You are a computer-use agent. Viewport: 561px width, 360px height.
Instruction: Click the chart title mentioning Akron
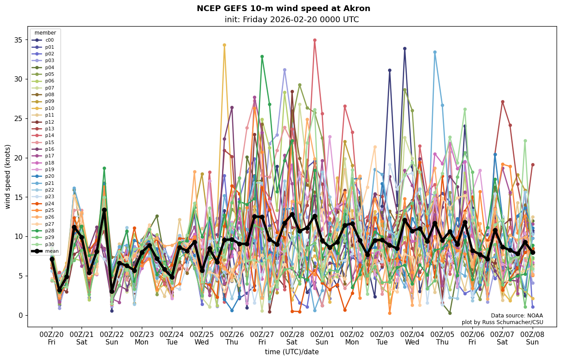pyautogui.click(x=283, y=8)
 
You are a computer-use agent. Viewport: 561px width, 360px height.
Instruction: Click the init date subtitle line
pyautogui.click(x=292, y=20)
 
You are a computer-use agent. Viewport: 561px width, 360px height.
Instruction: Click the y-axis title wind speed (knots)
pyautogui.click(x=8, y=176)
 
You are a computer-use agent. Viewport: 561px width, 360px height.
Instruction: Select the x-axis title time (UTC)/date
pyautogui.click(x=292, y=352)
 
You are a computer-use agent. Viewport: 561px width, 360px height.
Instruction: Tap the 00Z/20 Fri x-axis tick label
pyautogui.click(x=52, y=338)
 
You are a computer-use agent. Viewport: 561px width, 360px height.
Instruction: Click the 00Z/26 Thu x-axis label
pyautogui.click(x=232, y=338)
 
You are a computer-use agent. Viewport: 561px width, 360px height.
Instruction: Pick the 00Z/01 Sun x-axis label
pyautogui.click(x=322, y=338)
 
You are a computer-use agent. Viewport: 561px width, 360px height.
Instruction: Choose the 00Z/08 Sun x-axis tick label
pyautogui.click(x=532, y=338)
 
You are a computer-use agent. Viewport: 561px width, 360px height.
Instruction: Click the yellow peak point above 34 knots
pyautogui.click(x=224, y=45)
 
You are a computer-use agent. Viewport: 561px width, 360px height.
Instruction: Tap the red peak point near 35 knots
pyautogui.click(x=315, y=40)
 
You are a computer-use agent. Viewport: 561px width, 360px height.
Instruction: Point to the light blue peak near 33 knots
pyautogui.click(x=435, y=52)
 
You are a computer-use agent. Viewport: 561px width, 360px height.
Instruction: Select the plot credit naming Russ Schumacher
pyautogui.click(x=502, y=322)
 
